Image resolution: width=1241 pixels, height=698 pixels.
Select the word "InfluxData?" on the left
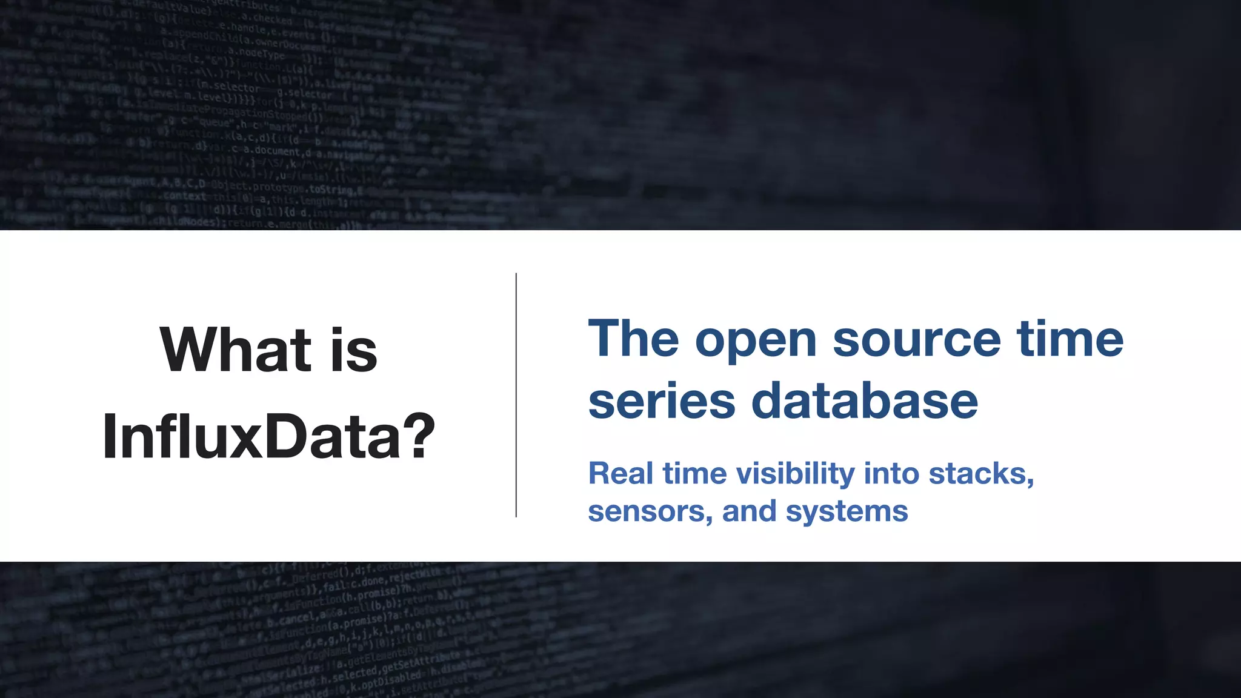pyautogui.click(x=268, y=436)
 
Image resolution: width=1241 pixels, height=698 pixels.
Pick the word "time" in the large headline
pyautogui.click(x=1070, y=339)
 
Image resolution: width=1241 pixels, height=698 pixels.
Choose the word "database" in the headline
pyautogui.click(x=865, y=401)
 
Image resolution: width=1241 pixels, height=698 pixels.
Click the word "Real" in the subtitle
pyautogui.click(x=620, y=473)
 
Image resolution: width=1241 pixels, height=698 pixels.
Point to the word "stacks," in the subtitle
pyautogui.click(x=982, y=474)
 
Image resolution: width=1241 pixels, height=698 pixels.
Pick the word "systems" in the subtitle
pyautogui.click(x=847, y=512)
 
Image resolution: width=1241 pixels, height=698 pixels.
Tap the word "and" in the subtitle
pyautogui.click(x=749, y=511)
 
